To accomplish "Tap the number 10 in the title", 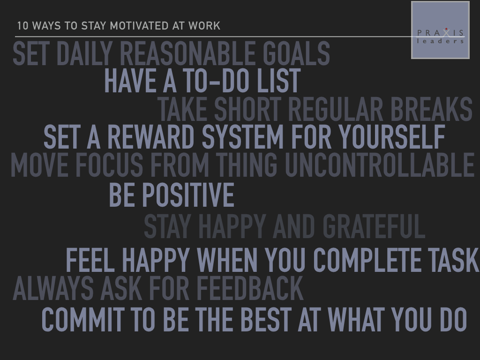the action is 22,26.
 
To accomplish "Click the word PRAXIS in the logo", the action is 440,32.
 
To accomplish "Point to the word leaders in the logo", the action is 440,41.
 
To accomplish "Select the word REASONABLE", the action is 187,53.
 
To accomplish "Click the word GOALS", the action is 296,53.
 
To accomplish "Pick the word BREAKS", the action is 431,109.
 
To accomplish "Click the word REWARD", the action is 151,136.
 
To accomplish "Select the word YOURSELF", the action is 392,136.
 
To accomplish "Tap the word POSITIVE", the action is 188,195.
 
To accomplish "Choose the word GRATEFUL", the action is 374,226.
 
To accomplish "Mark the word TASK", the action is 453,260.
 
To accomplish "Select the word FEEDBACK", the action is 250,288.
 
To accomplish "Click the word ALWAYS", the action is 53,288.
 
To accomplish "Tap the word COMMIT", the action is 83,320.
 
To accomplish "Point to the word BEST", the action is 266,320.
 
